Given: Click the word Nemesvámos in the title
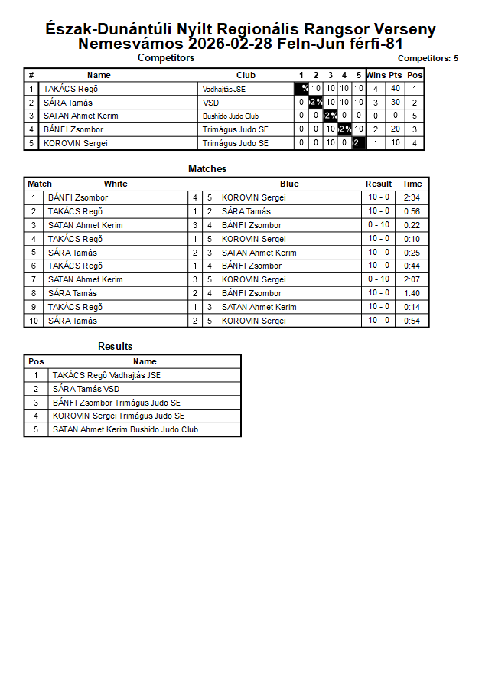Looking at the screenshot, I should point(131,44).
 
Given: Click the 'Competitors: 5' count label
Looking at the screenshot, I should point(428,58).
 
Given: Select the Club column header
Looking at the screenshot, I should point(246,75).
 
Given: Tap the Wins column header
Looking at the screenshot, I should point(376,75).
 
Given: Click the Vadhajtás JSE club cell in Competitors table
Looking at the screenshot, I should point(224,89).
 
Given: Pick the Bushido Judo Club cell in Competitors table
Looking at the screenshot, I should point(230,116).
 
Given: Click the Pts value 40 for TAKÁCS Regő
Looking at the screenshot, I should point(396,89).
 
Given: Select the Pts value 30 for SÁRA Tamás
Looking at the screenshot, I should point(396,103).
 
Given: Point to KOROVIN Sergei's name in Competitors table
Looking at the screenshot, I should point(75,143).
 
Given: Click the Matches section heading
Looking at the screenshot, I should point(207,169).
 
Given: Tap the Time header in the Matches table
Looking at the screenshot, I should point(412,184).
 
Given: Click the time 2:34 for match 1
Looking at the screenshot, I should point(412,197).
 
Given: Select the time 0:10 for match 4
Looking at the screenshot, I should point(412,239).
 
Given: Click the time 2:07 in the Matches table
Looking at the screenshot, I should point(412,279).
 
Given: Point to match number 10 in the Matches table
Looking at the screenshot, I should point(34,321).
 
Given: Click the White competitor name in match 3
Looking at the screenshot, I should point(85,225).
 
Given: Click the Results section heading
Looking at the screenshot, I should point(116,347).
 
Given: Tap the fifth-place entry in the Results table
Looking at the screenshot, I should point(125,429).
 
